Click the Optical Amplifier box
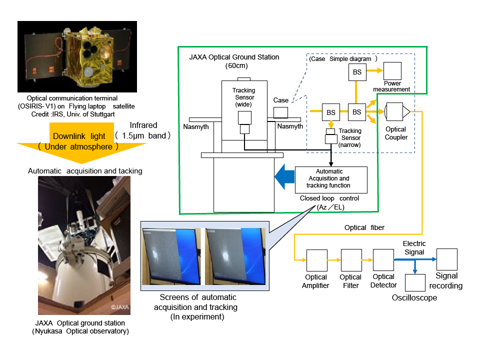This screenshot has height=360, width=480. (x=317, y=260)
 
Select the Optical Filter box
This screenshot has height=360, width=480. (x=351, y=260)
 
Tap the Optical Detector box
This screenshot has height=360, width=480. (x=383, y=260)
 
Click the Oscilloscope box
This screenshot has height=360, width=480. (x=415, y=282)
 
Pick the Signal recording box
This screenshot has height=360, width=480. (x=447, y=259)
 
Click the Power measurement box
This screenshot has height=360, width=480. (x=392, y=71)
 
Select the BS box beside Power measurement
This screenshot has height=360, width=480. (x=357, y=72)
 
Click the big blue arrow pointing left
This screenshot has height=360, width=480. (x=284, y=176)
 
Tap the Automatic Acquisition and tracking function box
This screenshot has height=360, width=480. (x=331, y=180)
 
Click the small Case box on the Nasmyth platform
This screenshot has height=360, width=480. (x=280, y=112)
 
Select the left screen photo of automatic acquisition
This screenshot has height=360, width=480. (x=171, y=256)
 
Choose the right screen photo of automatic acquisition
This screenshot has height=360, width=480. (x=235, y=256)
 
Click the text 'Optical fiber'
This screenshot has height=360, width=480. (x=364, y=228)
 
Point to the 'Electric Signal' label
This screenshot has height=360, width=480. (x=414, y=248)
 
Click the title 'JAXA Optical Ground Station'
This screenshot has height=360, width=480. (x=234, y=57)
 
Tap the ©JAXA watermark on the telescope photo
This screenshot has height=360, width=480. (x=119, y=307)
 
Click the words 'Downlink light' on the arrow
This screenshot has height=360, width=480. (x=79, y=136)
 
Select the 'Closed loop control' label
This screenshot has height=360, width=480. (x=329, y=198)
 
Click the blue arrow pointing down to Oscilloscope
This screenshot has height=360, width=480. (x=415, y=266)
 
